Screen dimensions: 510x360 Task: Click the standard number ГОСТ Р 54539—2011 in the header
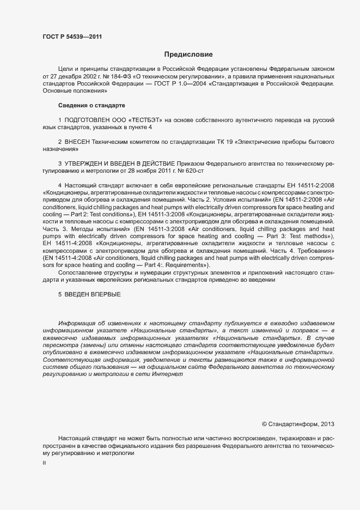[x=72, y=37]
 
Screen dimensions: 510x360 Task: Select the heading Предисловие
[x=188, y=54]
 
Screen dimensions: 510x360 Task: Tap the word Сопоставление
[x=82, y=272]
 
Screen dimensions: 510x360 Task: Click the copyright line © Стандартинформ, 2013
[x=298, y=423]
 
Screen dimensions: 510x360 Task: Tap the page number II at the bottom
[x=44, y=463]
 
